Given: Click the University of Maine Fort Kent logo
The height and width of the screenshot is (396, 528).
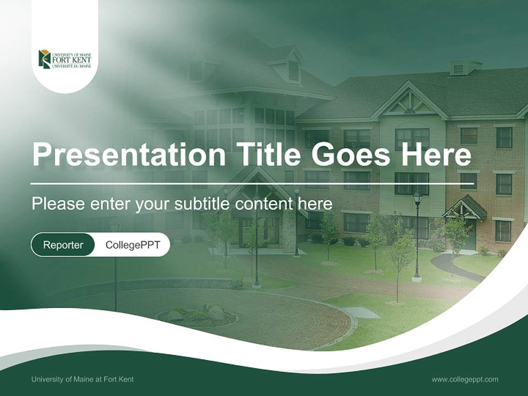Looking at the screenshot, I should point(65,59).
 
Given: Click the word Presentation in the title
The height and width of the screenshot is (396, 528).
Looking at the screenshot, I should point(129,155).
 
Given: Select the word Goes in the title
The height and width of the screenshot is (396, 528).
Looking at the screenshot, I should point(353,155).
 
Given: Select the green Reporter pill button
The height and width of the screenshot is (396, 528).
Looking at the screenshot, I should point(63,245).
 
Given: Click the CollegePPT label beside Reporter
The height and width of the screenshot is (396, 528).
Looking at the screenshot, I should point(133,245).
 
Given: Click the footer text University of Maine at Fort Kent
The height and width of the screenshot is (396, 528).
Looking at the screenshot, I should point(82,380).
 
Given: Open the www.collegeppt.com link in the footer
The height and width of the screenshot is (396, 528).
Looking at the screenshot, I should point(465,380).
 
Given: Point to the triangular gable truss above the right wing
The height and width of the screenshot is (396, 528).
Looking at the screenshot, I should point(409,102).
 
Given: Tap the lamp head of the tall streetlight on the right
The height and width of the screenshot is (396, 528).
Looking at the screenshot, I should point(417,196).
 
